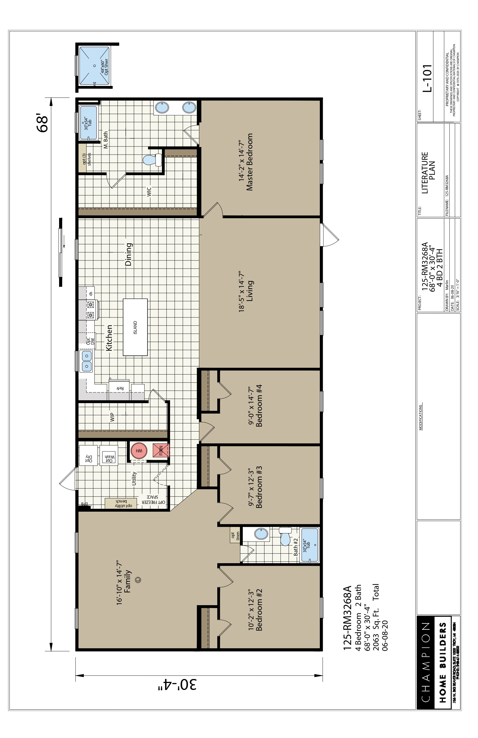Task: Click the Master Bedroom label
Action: point(249,162)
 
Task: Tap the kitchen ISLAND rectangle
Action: point(135,327)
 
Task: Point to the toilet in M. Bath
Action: point(152,160)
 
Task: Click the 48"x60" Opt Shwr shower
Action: point(94,66)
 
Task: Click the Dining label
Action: point(129,254)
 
